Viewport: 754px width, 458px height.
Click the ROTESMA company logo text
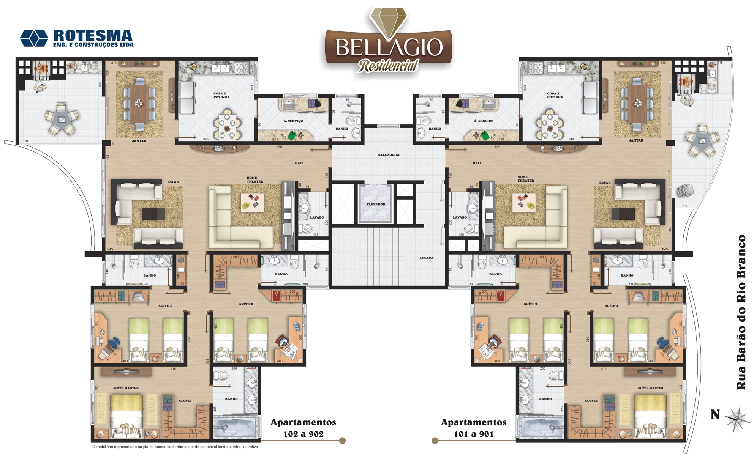pos(93,36)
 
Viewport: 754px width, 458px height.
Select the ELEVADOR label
pos(376,204)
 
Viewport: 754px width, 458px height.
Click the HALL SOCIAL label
pos(389,155)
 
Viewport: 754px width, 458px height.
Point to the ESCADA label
pos(426,258)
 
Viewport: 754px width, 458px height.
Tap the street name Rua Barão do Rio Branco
pos(740,312)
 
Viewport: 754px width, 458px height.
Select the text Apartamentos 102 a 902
pos(303,428)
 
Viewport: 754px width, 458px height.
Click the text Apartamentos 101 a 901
pos(474,428)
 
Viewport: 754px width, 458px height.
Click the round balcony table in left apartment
pos(62,119)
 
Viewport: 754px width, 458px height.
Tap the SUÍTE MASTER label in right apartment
pos(650,388)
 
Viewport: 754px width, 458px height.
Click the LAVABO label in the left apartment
pos(317,217)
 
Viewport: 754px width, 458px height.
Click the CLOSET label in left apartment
pos(185,401)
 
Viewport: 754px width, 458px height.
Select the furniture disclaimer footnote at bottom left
pos(175,447)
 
